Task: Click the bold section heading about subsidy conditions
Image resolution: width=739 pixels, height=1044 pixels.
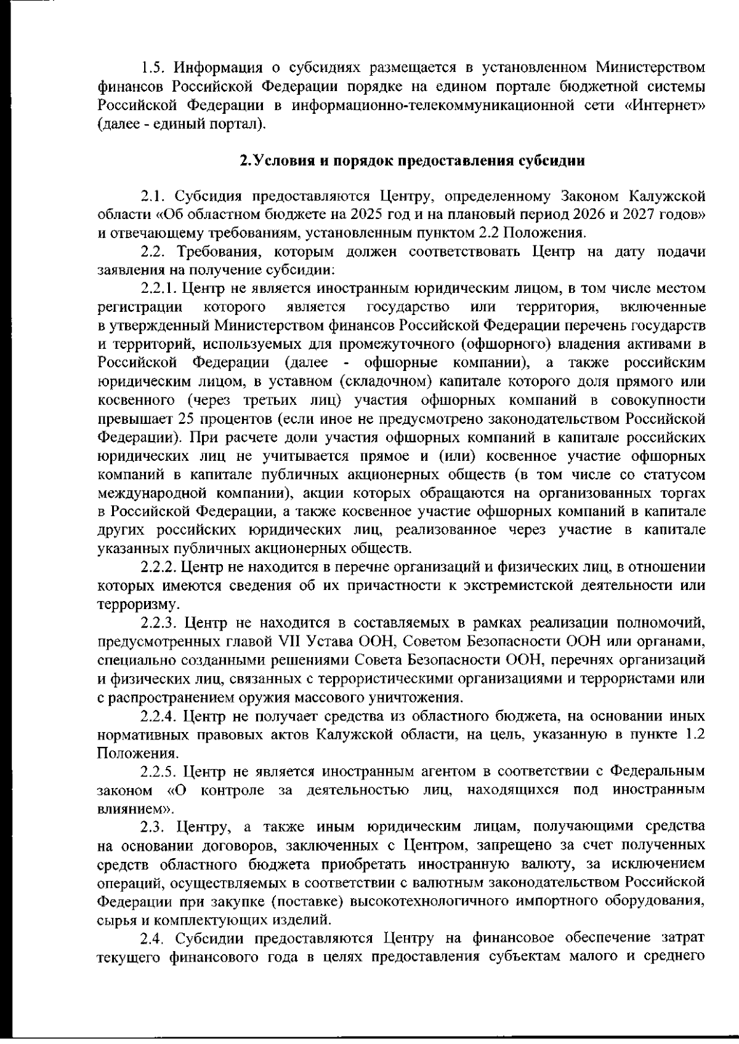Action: [x=411, y=162]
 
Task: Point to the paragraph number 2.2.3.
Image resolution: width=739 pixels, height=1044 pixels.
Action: [x=159, y=624]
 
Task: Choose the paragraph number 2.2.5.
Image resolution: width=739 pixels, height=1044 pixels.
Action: [x=160, y=771]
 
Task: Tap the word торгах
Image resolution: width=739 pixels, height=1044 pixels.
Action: [x=681, y=493]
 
